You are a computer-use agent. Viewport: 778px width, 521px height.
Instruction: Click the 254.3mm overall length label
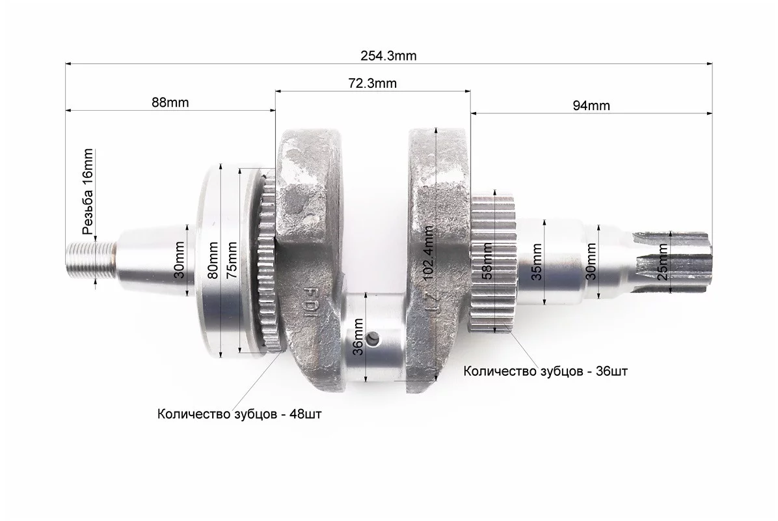[388, 55]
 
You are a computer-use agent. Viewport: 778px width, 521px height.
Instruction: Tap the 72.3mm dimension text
[372, 83]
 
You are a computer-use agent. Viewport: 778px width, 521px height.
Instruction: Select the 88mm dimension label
[170, 102]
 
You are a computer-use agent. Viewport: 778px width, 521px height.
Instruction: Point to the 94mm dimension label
[591, 106]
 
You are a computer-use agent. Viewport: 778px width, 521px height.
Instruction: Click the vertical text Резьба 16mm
[88, 191]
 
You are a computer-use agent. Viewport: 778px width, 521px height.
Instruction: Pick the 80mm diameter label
[213, 260]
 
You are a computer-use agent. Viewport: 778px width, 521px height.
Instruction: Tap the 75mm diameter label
[232, 260]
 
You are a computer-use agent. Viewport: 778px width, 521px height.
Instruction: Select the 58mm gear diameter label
[487, 260]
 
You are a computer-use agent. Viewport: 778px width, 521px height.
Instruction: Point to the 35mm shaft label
[537, 262]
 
